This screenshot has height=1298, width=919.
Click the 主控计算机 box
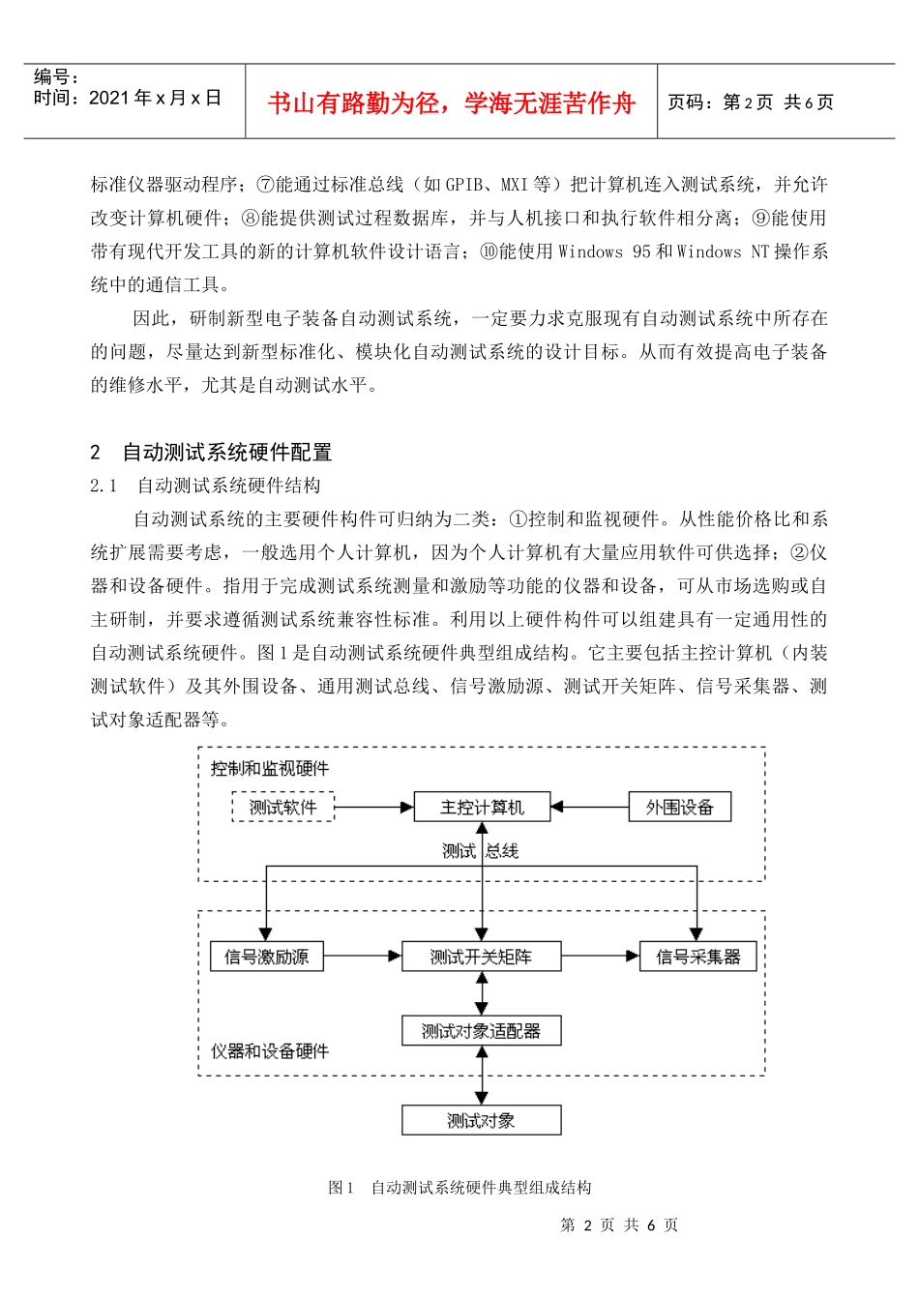pyautogui.click(x=482, y=807)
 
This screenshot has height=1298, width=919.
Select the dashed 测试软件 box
pyautogui.click(x=282, y=807)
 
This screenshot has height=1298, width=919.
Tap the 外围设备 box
pyautogui.click(x=679, y=807)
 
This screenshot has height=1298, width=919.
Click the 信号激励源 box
pyautogui.click(x=266, y=957)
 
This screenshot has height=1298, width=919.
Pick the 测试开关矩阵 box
pyautogui.click(x=481, y=957)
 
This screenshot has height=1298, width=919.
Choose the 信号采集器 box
pyautogui.click(x=697, y=957)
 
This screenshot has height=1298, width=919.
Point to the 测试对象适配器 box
pyautogui.click(x=481, y=1031)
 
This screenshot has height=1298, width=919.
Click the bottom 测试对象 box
pyautogui.click(x=481, y=1120)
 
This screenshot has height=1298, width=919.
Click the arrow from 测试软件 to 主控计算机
pyautogui.click(x=373, y=807)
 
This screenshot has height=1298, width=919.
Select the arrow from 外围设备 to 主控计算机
pyautogui.click(x=589, y=807)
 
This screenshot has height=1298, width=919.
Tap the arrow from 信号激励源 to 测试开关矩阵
pyautogui.click(x=362, y=957)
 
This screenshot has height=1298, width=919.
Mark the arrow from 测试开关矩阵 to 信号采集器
pyautogui.click(x=600, y=957)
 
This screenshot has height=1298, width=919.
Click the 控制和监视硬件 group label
pyautogui.click(x=270, y=769)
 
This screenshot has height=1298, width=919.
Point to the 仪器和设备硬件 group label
pyautogui.click(x=270, y=1051)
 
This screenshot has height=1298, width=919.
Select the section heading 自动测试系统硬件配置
pyautogui.click(x=227, y=452)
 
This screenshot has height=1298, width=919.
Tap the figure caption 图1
pyautogui.click(x=341, y=1188)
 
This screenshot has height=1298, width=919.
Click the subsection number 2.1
pyautogui.click(x=104, y=486)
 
